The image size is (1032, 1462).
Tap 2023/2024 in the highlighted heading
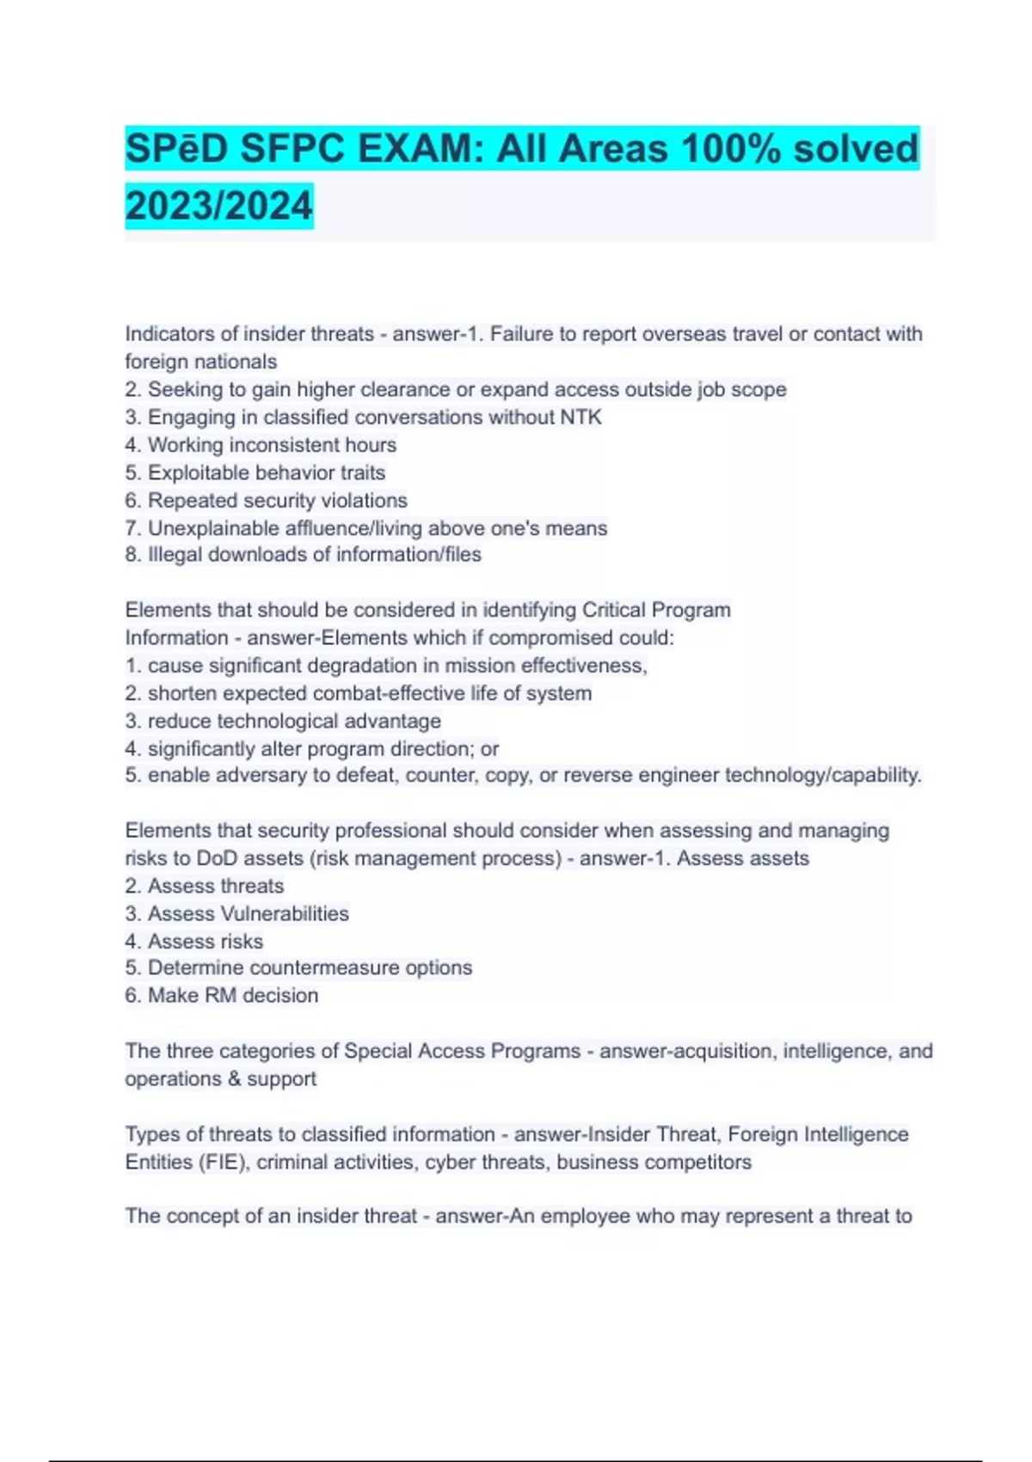(218, 206)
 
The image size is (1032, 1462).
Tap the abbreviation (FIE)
(223, 1162)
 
